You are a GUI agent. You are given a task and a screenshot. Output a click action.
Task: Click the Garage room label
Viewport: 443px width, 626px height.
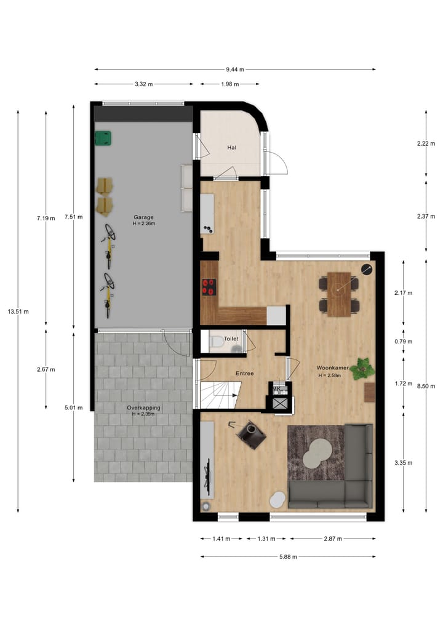point(143,217)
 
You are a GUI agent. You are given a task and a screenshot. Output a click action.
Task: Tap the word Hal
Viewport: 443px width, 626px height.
point(232,148)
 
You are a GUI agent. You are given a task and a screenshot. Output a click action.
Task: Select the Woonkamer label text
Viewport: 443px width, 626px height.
point(333,368)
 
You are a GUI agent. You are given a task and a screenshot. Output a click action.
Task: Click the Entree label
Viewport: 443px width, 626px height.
point(244,374)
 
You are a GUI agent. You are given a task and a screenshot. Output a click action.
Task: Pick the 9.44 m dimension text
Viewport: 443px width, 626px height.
point(234,70)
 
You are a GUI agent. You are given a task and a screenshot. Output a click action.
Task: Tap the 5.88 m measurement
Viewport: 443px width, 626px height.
point(287,556)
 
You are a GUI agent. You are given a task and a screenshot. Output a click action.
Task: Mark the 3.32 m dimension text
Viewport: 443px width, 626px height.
point(143,84)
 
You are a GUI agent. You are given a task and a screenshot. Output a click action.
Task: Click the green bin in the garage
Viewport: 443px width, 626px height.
point(103,138)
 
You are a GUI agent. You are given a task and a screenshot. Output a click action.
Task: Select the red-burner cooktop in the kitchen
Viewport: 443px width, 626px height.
point(209,287)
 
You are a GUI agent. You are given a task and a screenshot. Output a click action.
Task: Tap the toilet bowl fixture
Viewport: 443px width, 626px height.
point(216,342)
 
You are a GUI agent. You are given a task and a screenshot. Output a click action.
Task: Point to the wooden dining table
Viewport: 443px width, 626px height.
point(339,294)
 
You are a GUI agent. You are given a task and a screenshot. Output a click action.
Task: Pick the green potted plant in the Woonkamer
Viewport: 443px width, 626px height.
point(362,368)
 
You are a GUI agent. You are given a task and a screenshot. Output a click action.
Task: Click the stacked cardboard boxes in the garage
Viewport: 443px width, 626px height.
point(106,195)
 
